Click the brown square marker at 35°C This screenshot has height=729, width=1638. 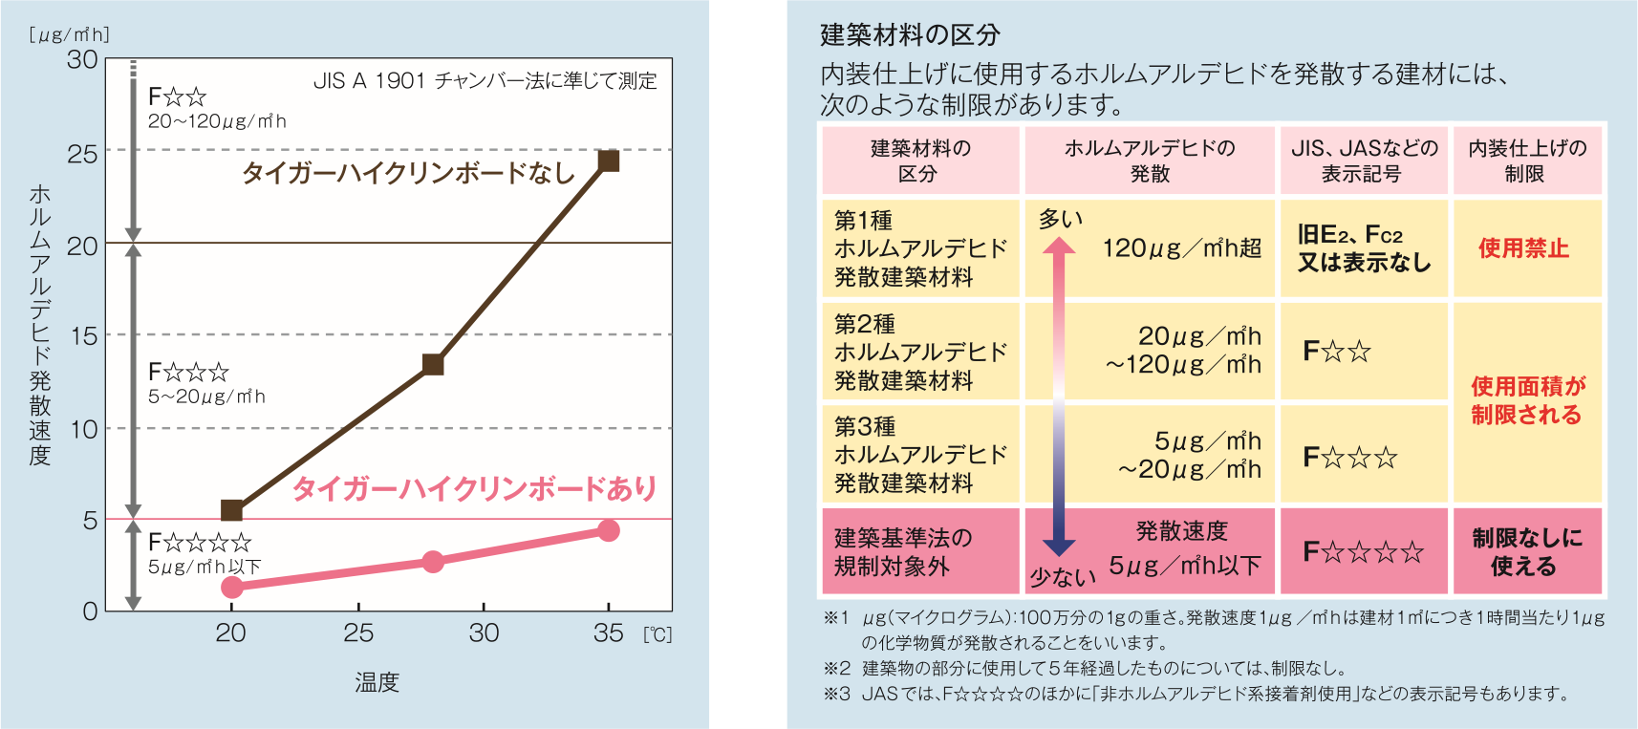[x=608, y=161]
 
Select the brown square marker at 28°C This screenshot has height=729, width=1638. [x=433, y=364]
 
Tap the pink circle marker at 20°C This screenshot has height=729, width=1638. [x=231, y=587]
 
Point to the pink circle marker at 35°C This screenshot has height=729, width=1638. [x=608, y=530]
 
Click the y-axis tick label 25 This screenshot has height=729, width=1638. [x=82, y=153]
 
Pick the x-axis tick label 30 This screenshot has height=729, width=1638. [x=484, y=633]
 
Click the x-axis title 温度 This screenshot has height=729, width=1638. [x=377, y=682]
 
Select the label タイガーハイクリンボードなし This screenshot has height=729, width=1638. [x=408, y=173]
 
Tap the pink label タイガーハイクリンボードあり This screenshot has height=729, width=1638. [x=474, y=488]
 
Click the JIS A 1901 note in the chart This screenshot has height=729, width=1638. [x=485, y=81]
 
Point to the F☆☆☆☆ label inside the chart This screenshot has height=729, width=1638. [x=200, y=543]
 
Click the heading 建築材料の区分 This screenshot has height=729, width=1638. [x=910, y=35]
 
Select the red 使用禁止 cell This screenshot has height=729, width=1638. [x=1523, y=248]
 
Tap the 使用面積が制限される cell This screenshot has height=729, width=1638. [x=1526, y=400]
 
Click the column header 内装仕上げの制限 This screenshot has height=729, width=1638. [x=1526, y=161]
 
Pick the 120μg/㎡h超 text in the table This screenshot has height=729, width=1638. [x=1181, y=248]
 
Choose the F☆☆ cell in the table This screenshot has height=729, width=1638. [x=1337, y=352]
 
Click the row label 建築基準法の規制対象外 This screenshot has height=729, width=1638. [x=902, y=551]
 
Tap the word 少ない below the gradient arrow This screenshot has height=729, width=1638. [x=1062, y=577]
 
